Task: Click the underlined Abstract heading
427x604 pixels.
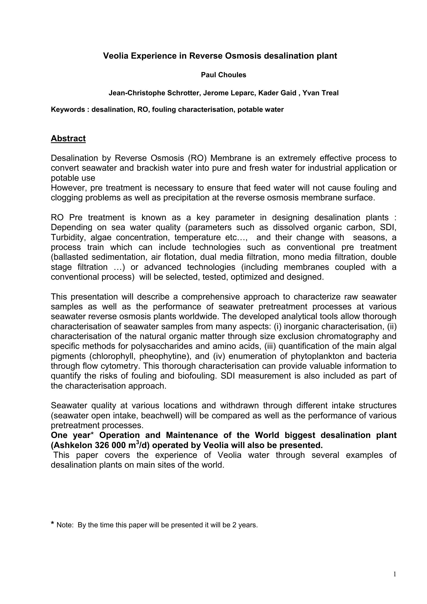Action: coord(68,138)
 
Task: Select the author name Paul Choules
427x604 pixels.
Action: coord(223,75)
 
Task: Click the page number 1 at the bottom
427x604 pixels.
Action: coord(395,574)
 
